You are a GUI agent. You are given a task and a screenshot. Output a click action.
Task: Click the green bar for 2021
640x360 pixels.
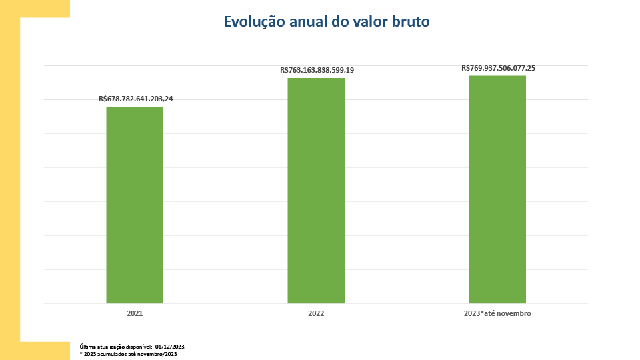[135, 205]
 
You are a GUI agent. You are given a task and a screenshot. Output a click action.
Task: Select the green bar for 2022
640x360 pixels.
[316, 191]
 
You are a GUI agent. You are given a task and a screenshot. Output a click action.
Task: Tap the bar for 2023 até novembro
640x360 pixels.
[497, 189]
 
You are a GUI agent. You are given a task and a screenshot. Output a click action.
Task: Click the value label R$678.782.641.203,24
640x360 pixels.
[135, 99]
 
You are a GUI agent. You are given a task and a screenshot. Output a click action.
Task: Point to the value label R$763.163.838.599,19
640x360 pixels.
[317, 70]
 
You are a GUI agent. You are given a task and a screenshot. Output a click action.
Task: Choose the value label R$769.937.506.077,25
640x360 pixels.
[499, 68]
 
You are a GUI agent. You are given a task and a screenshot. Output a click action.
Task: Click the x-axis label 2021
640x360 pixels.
[135, 313]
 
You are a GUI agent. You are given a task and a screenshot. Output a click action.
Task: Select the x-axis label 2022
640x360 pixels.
[316, 313]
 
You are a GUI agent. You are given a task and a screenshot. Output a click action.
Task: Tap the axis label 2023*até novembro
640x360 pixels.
[497, 313]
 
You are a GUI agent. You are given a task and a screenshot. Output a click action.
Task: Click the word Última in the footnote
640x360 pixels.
[87, 347]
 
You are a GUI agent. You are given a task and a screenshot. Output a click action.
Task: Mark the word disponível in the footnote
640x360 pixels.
[139, 347]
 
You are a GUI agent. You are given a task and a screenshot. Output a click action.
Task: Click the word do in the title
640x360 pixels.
[340, 22]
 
